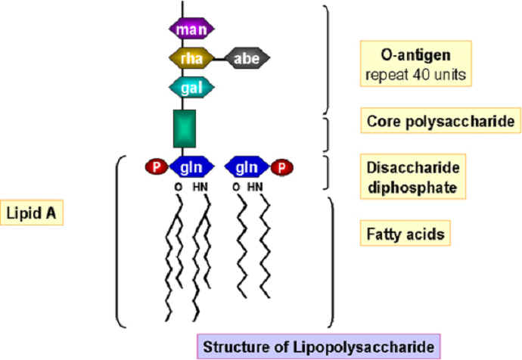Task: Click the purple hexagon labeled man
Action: click(191, 29)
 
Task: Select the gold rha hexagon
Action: click(191, 58)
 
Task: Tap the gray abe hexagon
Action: click(247, 58)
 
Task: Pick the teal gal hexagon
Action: click(191, 88)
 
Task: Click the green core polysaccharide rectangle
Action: click(185, 129)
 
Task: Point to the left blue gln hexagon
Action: click(191, 167)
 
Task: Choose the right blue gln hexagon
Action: click(247, 167)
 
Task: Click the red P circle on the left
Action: click(157, 166)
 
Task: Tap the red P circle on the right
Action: click(281, 167)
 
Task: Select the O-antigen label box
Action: click(416, 64)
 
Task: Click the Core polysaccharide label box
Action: click(441, 120)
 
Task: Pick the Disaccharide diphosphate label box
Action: click(413, 176)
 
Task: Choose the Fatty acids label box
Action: click(405, 233)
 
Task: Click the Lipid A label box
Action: click(31, 213)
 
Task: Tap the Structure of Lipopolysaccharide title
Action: click(318, 346)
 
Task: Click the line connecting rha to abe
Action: click(219, 59)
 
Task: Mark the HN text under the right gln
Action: click(255, 187)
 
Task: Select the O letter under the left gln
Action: click(179, 187)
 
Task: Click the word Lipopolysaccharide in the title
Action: click(364, 347)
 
